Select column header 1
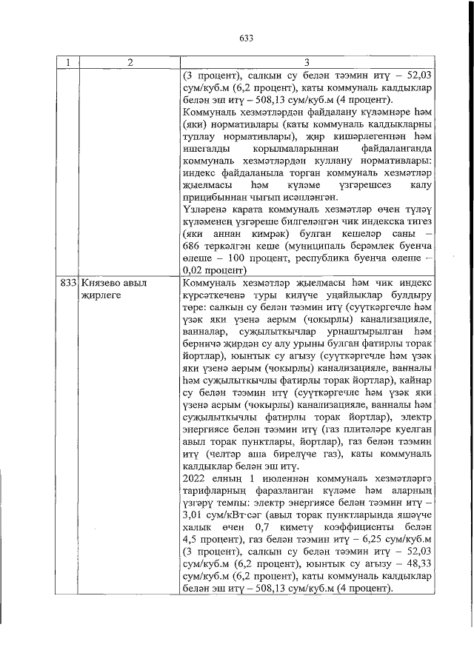(68, 63)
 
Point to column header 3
(305, 63)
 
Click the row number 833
(69, 284)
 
